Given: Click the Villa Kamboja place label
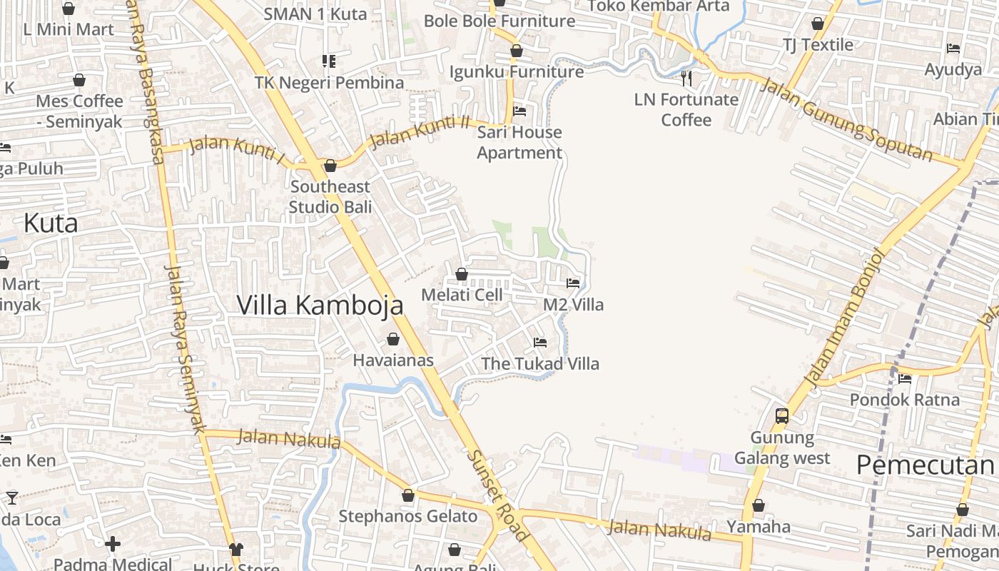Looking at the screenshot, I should pos(320,305).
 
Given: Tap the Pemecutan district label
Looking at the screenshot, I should pos(925,465).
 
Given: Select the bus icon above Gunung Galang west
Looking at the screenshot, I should pos(782,415).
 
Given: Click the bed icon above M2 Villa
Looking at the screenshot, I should pos(573,283).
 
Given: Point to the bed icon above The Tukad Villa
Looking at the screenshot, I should pos(540,343).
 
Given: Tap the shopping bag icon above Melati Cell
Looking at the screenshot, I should pos(462,274).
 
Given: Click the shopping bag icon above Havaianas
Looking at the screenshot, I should pos(393,339).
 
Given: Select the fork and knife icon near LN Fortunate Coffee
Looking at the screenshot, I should pos(686,78).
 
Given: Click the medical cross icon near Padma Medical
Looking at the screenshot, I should pos(113,545).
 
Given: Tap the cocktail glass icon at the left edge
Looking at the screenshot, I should pos(12,497).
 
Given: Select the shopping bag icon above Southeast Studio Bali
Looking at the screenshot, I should pos(330,166).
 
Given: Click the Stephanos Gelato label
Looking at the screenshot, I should pos(408,516).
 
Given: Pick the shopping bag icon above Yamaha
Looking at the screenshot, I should pos(759,506).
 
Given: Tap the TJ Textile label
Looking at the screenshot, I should pos(818,45).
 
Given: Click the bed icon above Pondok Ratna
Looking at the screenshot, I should pos(905,379).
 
